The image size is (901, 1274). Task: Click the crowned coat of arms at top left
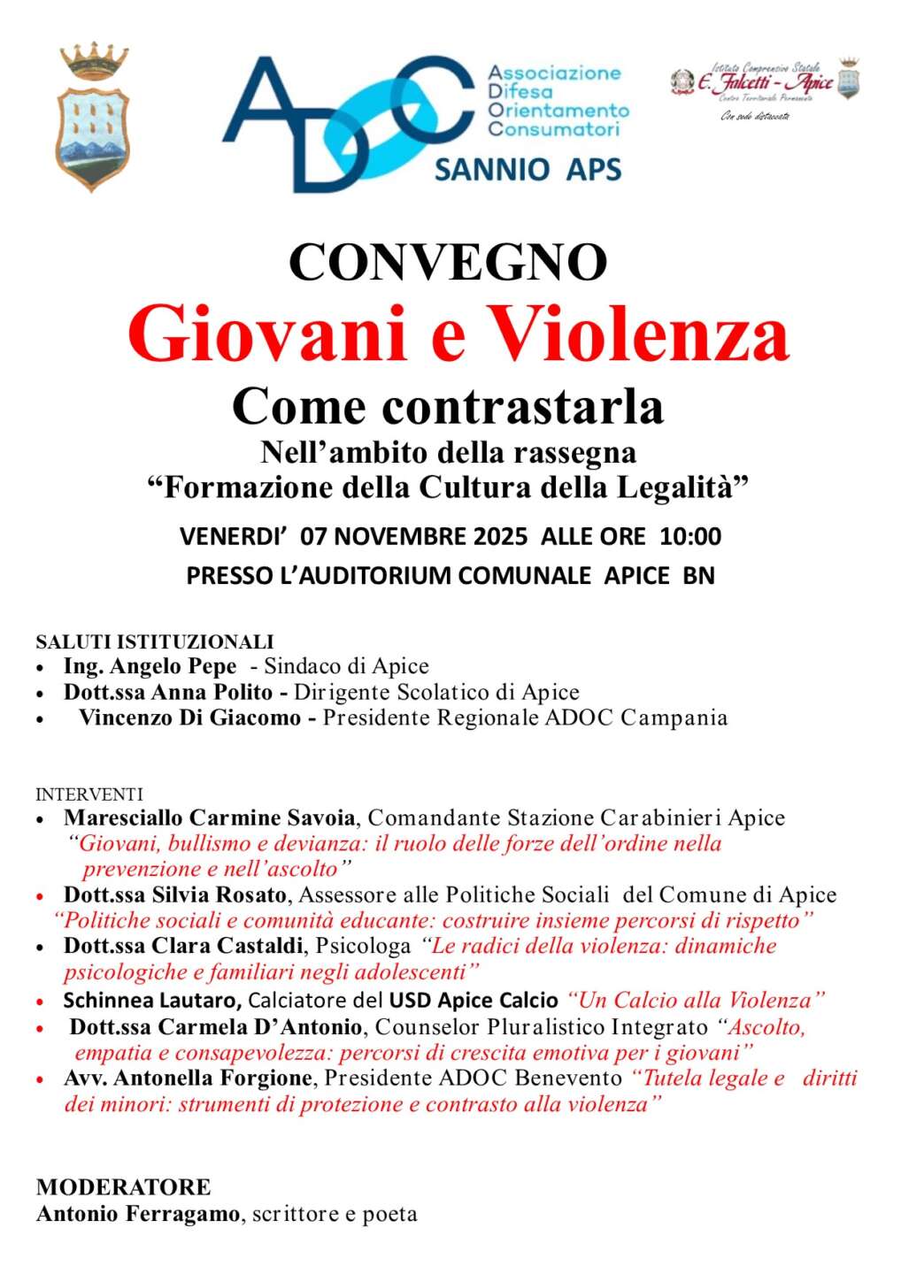point(93,118)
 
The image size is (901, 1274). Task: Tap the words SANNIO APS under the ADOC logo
point(528,168)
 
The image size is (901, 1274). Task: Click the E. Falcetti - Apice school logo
point(765,88)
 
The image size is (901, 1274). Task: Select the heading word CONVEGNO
point(449,262)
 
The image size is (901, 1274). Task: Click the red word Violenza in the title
point(638,334)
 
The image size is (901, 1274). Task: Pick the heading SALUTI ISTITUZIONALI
point(155,641)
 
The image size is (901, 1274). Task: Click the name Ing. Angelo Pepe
point(150,666)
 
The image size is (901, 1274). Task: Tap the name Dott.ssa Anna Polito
point(167,692)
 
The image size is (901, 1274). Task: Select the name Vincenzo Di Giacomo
point(189,718)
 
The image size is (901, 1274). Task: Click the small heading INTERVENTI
point(89,794)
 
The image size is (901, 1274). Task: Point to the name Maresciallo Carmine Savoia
point(210,818)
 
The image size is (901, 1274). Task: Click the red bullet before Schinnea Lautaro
point(41,1002)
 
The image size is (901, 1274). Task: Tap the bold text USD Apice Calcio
point(474,1001)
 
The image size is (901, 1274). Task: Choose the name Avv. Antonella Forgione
point(188,1078)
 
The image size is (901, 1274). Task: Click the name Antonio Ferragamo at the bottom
point(138,1214)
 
